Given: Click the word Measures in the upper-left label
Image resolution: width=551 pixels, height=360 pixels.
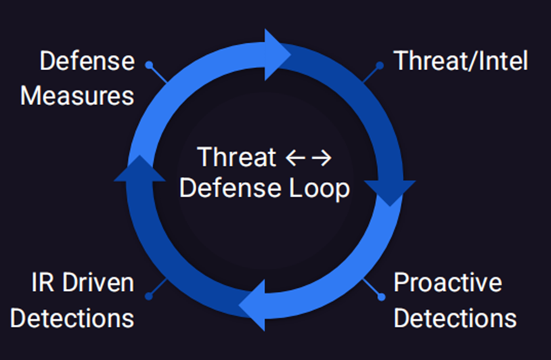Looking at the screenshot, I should [x=77, y=95].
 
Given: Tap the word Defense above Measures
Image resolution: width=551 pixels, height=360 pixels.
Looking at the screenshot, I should [x=87, y=62].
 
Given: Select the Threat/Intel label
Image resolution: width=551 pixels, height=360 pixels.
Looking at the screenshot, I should [x=460, y=61].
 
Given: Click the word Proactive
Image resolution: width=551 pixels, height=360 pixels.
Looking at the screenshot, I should [x=448, y=283].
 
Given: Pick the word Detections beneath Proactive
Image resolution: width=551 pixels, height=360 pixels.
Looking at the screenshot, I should [x=454, y=318].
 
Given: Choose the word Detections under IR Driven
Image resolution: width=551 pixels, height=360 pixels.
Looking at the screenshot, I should [x=72, y=318].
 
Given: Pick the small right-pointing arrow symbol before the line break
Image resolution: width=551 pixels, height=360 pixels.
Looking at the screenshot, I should [x=322, y=158].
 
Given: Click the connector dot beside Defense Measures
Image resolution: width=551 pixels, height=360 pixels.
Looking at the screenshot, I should [x=149, y=65].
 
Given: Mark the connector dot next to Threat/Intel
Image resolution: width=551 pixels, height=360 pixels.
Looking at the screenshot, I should [x=380, y=65].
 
